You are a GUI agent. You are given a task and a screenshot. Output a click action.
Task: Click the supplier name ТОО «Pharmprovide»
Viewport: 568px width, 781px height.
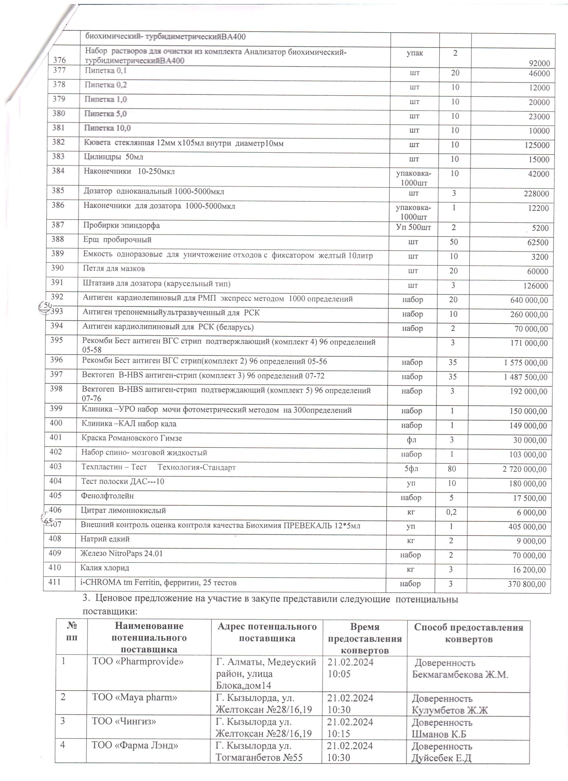[x=138, y=661]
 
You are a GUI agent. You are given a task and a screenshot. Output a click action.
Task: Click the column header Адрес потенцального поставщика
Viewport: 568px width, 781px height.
[x=267, y=632]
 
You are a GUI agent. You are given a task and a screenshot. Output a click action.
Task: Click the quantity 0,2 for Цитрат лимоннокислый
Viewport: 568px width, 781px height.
[x=451, y=512]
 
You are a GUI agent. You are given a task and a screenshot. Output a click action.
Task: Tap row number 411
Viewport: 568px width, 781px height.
[x=54, y=582]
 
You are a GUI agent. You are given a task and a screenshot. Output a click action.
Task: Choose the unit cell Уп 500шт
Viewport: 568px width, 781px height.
[x=413, y=227]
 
